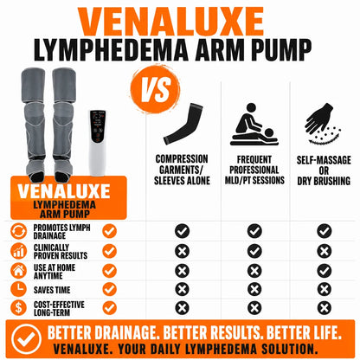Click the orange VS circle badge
[x=155, y=89]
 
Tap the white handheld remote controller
[x=98, y=143]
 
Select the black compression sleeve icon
[x=183, y=125]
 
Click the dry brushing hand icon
[x=323, y=124]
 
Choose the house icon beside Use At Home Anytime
[x=18, y=271]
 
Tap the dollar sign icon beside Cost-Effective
[x=18, y=307]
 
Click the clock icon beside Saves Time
[x=18, y=289]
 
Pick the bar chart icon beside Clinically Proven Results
[x=18, y=251]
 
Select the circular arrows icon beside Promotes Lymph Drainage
[x=18, y=231]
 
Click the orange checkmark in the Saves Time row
[x=110, y=289]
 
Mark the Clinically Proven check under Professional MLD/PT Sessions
[x=254, y=251]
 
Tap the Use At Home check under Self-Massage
[x=325, y=271]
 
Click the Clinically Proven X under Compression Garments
[x=182, y=251]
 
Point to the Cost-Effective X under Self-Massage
[x=325, y=308]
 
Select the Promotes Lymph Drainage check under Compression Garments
[x=182, y=231]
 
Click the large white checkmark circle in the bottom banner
[x=27, y=339]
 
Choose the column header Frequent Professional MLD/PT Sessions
[x=254, y=170]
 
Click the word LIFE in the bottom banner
[x=326, y=332]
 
